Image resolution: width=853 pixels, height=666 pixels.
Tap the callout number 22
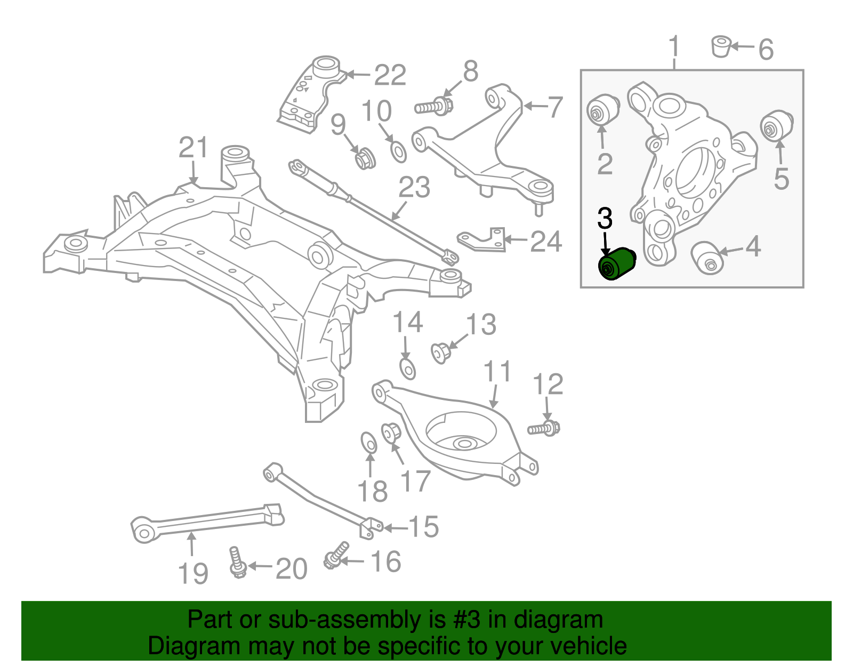point(390,75)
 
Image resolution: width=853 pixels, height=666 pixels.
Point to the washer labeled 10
point(398,152)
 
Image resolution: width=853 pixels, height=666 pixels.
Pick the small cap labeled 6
point(721,46)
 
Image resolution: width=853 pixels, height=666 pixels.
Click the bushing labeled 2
point(603,109)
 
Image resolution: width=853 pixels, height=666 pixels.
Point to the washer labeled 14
point(407,368)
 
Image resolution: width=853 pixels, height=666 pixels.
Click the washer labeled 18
point(368,443)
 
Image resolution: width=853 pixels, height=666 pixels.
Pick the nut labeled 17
point(390,432)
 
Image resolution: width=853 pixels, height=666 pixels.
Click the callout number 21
point(193,148)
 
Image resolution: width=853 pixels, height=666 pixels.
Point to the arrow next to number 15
point(395,528)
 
